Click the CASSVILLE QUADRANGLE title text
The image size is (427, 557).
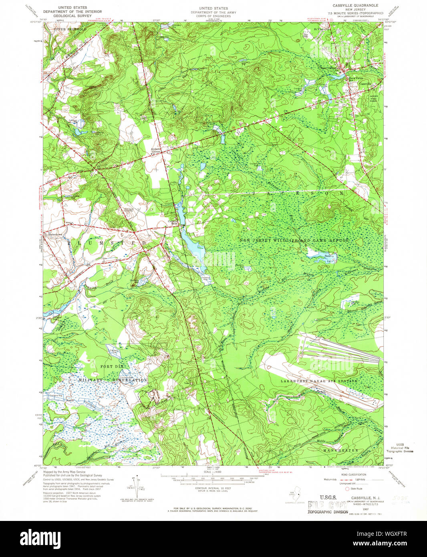point(355,6)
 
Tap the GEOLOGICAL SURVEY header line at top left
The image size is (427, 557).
point(72,16)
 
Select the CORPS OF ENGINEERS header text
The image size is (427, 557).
point(213,16)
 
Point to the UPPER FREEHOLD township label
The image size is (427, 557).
point(70,29)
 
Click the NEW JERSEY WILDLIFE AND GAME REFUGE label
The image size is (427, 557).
point(294,240)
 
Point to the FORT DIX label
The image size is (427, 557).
point(112,366)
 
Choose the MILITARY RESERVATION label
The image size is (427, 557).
point(113,380)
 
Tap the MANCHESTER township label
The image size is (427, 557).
point(341,450)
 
